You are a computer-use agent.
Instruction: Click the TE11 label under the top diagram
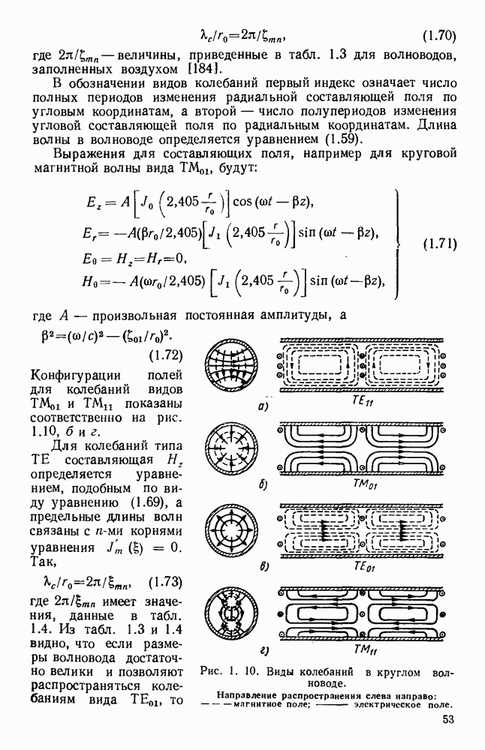pos(360,401)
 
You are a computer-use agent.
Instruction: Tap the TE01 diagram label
pos(362,568)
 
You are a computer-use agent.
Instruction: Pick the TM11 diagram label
pos(362,649)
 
